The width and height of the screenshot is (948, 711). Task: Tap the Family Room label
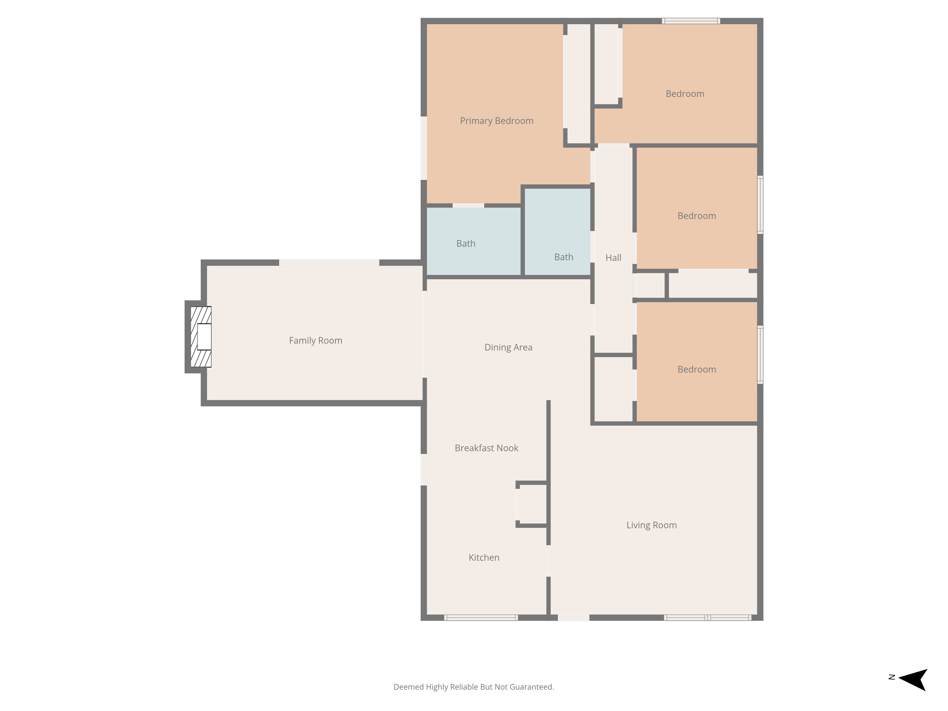point(315,340)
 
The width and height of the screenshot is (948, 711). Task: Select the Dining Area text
point(508,347)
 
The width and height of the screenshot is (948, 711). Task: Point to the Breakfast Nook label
point(486,448)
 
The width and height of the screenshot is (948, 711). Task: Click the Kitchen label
point(484,557)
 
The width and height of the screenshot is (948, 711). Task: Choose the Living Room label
point(652,525)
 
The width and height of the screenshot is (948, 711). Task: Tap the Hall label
point(613,258)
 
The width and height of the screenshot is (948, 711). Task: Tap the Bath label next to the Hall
point(564,257)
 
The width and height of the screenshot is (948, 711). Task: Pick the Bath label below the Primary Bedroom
point(466,243)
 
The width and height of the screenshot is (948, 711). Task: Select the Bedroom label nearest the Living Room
point(697,369)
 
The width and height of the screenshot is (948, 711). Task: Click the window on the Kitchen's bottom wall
point(481,618)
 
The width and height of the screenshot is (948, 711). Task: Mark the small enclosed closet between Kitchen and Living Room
point(533,504)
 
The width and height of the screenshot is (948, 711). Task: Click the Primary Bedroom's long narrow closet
point(579,84)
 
